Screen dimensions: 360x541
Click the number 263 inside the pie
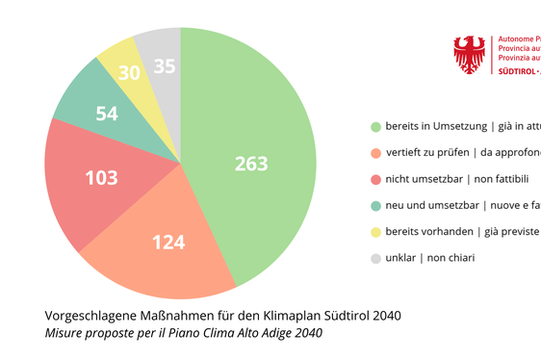point(251,164)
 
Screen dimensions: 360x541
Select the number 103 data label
point(101,178)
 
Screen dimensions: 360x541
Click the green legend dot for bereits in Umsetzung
point(375,127)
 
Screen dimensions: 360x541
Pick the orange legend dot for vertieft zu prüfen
point(375,153)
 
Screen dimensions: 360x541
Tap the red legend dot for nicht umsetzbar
point(375,179)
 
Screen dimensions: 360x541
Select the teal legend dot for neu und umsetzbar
point(375,205)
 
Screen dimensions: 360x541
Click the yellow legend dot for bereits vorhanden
point(375,232)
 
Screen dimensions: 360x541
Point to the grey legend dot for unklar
point(375,258)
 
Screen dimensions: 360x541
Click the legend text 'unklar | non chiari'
point(430,258)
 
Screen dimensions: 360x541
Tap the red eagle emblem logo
point(470,55)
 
